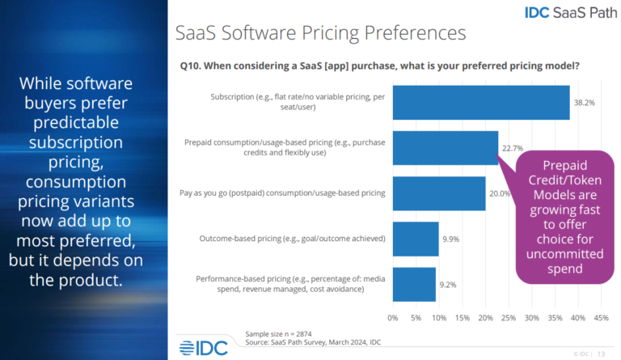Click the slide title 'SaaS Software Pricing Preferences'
pos(321,33)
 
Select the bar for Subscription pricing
pos(481,103)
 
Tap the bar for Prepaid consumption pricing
pos(445,148)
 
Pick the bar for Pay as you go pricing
pos(439,193)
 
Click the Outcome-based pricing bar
pos(416,239)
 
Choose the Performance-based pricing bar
pos(414,284)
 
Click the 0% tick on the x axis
pos(393,317)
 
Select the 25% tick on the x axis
pos(509,317)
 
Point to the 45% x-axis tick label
pos(601,317)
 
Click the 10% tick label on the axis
pos(439,317)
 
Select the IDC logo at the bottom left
pos(197,348)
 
